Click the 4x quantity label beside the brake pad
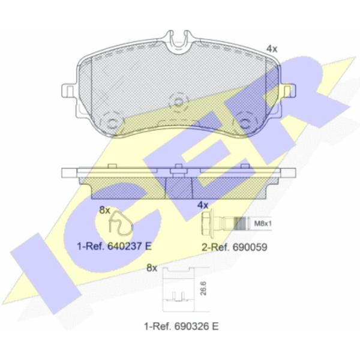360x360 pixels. click(272, 49)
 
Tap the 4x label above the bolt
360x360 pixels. click(203, 205)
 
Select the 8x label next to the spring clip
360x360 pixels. click(104, 210)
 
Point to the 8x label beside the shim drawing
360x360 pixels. click(152, 268)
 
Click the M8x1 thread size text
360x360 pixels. click(263, 223)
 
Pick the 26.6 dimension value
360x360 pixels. click(203, 289)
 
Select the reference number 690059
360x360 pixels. click(250, 247)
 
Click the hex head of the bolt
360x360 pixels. click(208, 222)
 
